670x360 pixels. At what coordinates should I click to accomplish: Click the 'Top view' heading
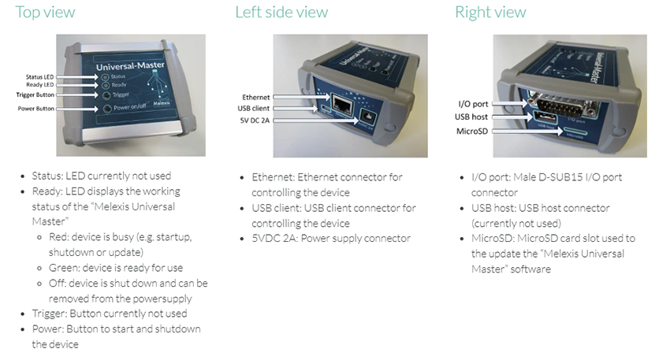tap(45, 12)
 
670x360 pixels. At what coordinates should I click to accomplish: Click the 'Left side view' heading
tap(281, 12)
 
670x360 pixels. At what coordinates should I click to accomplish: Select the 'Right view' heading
tap(490, 12)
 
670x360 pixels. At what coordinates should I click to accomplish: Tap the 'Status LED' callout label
tap(39, 76)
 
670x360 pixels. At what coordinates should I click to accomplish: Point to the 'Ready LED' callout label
tap(39, 84)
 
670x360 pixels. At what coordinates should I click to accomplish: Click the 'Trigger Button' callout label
tap(35, 95)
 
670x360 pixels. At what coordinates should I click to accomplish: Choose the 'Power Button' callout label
tap(36, 109)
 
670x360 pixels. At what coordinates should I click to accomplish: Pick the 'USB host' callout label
tap(474, 117)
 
